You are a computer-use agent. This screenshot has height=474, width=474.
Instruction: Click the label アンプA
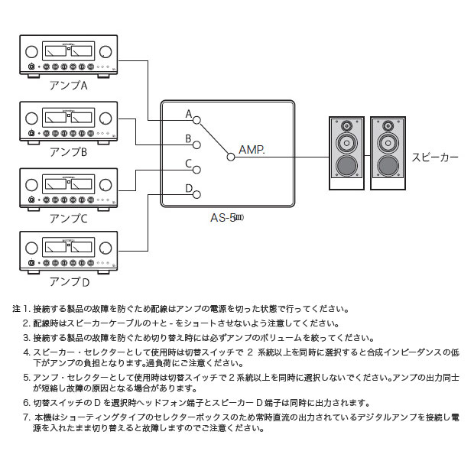[x=68, y=86]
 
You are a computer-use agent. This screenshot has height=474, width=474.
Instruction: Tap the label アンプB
[x=68, y=152]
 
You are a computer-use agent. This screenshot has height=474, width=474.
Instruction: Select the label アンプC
[x=68, y=219]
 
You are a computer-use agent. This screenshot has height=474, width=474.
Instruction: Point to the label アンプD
[x=69, y=281]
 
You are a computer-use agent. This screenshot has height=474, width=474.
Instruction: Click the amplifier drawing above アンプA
[x=68, y=57]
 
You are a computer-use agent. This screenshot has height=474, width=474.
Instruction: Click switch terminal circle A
[x=197, y=120]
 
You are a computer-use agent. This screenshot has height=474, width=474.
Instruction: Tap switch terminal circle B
[x=197, y=144]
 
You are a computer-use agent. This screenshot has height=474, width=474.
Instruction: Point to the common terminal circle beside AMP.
[x=230, y=156]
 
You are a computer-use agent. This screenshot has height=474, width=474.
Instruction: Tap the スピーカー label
[x=435, y=156]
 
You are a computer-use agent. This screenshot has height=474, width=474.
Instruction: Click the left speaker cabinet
[x=346, y=153]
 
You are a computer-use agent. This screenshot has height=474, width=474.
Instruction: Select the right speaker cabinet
[x=388, y=153]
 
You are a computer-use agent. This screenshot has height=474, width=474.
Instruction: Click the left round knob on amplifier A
[x=31, y=52]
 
